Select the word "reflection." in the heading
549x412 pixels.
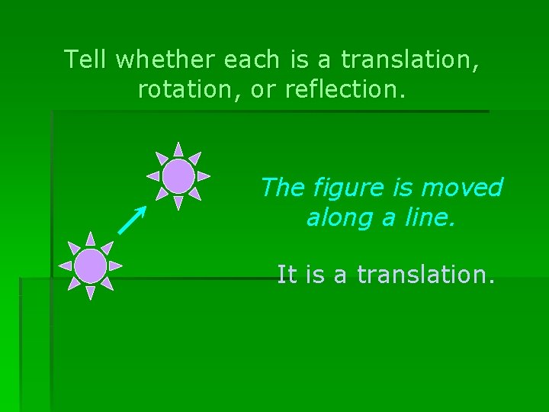tap(346, 89)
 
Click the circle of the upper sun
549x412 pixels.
tap(178, 175)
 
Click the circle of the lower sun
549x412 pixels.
tap(91, 266)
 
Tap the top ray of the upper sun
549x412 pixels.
tap(178, 149)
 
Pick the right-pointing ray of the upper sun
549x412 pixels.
tap(204, 175)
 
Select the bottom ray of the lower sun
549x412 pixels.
tap(91, 291)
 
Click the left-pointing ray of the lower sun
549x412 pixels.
tap(65, 266)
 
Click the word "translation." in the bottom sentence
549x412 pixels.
tap(425, 274)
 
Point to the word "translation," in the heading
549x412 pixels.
tap(410, 59)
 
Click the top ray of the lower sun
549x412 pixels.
tap(91, 239)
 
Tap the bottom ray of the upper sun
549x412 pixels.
tap(178, 202)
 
